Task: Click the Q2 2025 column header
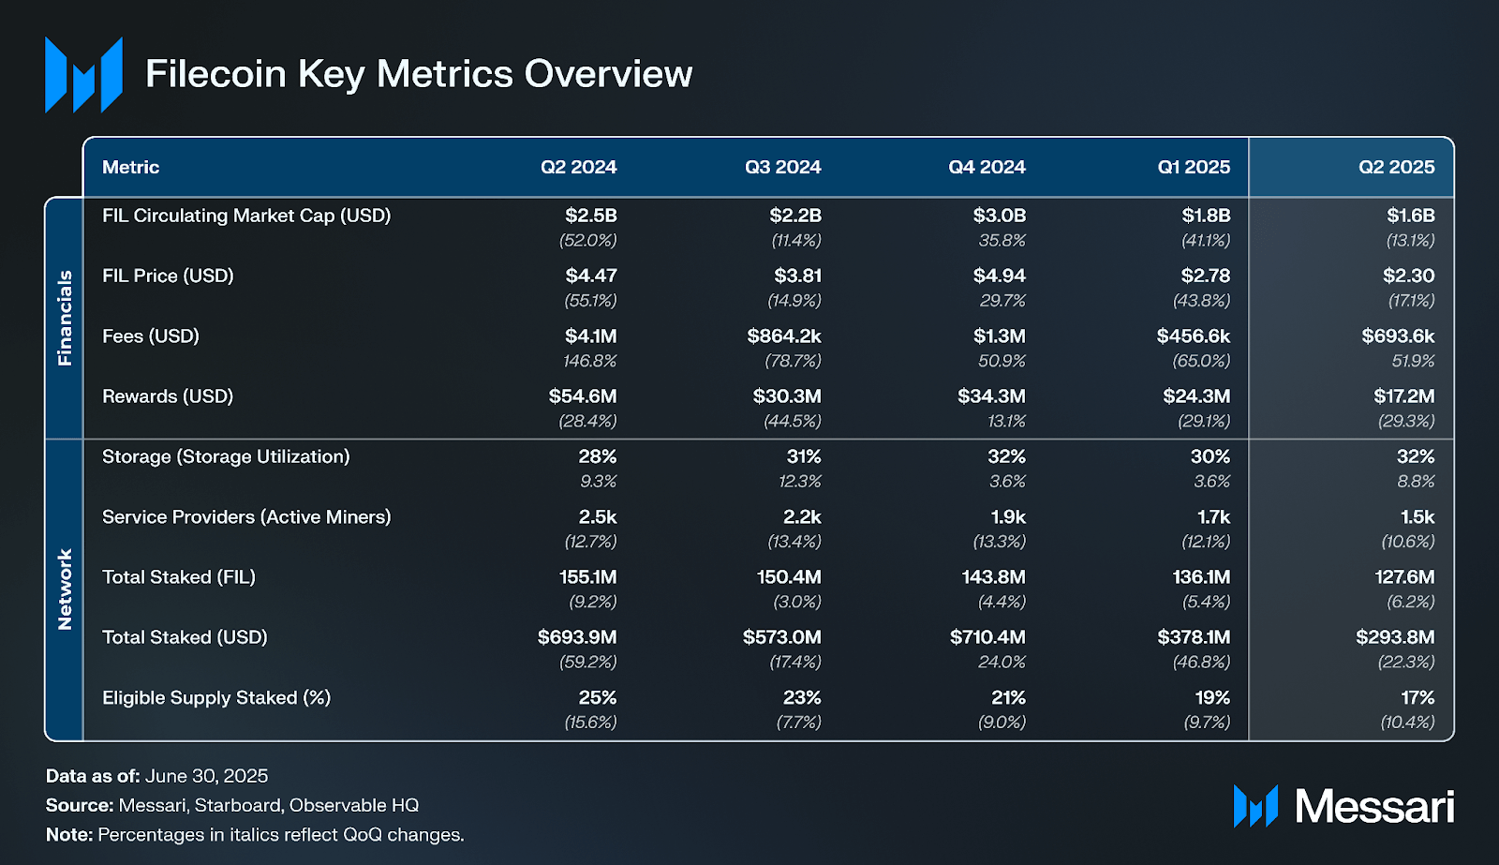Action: point(1396,167)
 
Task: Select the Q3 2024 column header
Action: point(782,167)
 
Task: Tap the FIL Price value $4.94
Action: point(999,276)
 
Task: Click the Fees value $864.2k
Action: point(783,336)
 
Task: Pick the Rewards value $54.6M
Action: point(582,396)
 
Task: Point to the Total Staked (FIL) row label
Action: point(179,577)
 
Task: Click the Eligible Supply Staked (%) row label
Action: point(216,697)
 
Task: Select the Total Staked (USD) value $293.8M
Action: point(1395,637)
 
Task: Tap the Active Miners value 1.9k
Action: point(1008,517)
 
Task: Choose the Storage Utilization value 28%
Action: point(597,456)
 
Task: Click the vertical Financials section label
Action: point(65,318)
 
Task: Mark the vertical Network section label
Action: point(65,589)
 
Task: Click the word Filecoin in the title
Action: point(215,74)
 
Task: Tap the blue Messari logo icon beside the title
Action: point(83,75)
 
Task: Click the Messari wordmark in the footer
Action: point(1373,806)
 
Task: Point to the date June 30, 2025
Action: point(206,776)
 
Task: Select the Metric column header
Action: point(130,167)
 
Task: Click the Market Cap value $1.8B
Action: point(1205,216)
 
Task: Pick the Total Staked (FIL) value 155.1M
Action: point(587,577)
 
